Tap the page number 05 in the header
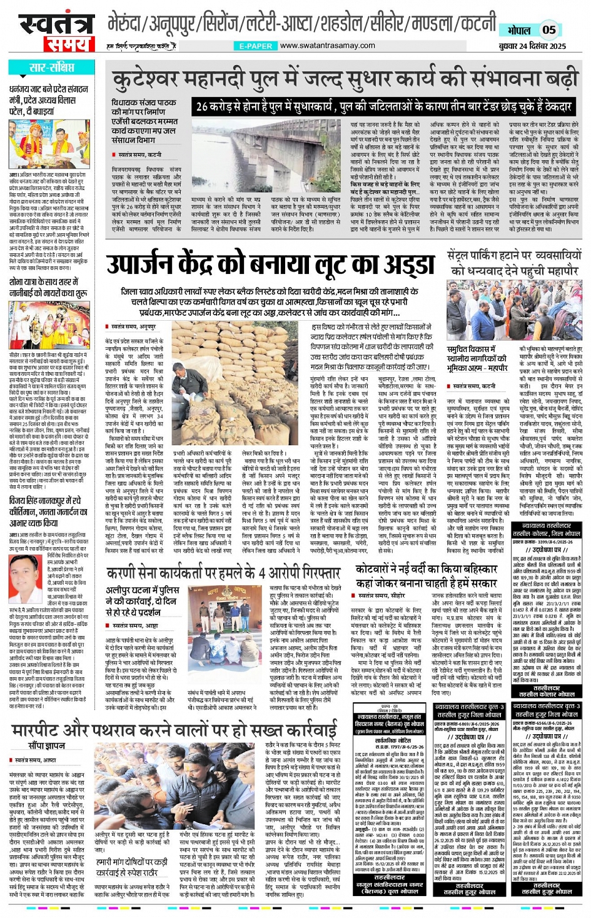(548, 29)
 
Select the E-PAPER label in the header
(255, 46)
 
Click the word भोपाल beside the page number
(518, 30)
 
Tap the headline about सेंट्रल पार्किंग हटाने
(514, 263)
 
